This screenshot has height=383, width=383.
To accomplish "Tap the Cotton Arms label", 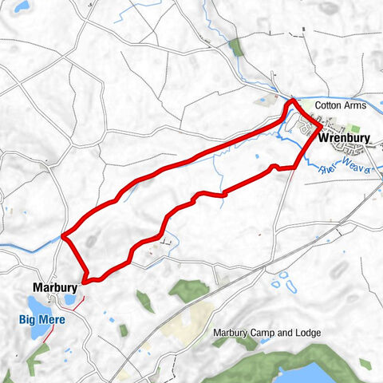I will click(338, 105).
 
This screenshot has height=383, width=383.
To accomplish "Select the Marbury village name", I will click(54, 286).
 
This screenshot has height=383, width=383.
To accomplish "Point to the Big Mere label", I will click(42, 319).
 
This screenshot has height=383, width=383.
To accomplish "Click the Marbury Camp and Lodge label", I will click(267, 333).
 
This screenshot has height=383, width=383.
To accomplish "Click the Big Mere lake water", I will click(37, 306).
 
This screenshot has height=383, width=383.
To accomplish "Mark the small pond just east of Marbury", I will click(70, 299).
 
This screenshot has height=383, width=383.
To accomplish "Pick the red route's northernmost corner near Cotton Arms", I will click(292, 101).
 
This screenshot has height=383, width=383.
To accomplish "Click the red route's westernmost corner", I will click(63, 235).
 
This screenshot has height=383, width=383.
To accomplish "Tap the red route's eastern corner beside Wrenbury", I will click(321, 127).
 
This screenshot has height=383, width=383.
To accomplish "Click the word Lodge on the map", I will click(307, 333).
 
